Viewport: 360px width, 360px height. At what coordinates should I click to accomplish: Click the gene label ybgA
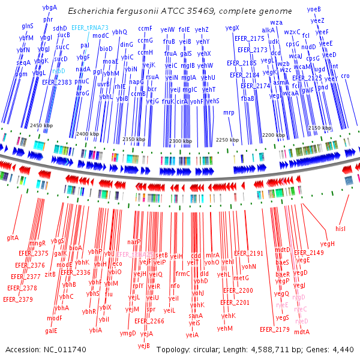(x=50, y=7)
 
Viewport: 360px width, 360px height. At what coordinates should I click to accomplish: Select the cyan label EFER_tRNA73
(x=90, y=28)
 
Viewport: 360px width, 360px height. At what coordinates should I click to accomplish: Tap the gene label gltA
(x=13, y=238)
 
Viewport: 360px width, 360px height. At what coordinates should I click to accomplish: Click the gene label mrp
(x=229, y=112)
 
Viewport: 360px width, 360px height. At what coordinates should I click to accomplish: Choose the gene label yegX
(x=232, y=28)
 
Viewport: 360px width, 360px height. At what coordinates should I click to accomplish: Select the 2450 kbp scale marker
(x=41, y=125)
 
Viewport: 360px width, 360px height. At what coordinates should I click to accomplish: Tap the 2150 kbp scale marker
(x=319, y=128)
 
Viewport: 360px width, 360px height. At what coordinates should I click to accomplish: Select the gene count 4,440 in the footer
(x=342, y=349)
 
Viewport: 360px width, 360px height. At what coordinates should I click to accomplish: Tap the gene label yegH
(x=327, y=244)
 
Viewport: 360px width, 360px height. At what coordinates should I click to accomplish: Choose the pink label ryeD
(x=302, y=321)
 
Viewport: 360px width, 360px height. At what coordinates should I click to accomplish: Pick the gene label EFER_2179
(x=275, y=329)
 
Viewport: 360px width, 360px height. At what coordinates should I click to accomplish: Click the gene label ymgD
(x=128, y=333)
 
